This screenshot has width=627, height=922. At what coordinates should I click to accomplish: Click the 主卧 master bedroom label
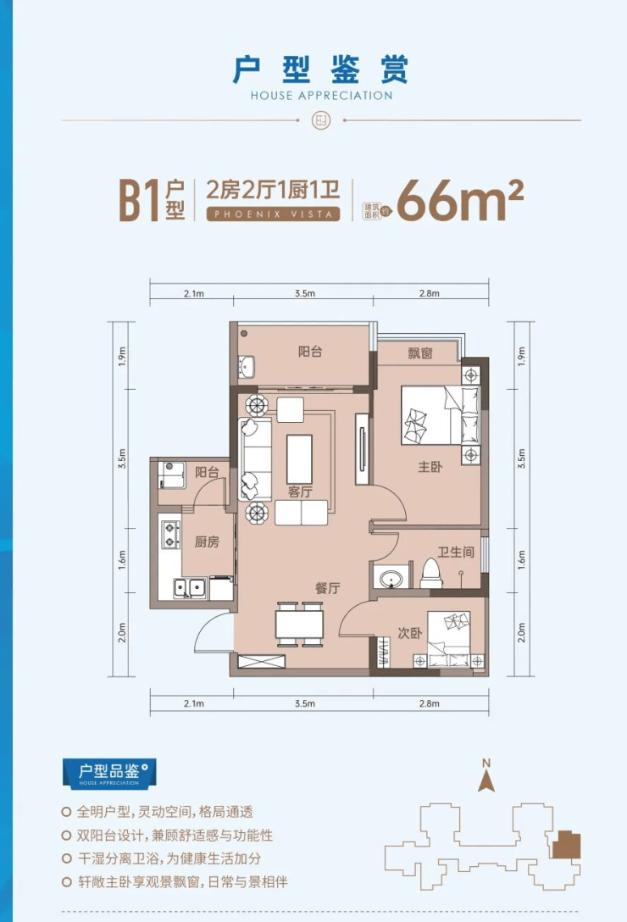point(430,467)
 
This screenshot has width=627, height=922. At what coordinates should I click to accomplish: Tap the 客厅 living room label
point(300,492)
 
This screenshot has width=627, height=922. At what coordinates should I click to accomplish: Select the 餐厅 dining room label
point(328,587)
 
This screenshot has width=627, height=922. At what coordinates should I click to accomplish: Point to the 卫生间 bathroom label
point(456,552)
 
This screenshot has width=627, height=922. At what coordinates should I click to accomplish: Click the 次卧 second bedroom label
point(410,633)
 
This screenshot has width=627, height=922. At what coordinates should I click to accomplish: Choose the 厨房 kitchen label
point(207,542)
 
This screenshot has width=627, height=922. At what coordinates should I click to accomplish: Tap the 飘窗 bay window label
point(420,353)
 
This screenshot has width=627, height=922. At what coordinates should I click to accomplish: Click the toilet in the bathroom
point(431,574)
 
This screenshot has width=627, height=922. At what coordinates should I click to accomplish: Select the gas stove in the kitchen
point(170,535)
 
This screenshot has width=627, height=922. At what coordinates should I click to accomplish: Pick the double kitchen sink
point(190,587)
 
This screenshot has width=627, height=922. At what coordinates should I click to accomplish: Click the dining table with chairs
point(299,625)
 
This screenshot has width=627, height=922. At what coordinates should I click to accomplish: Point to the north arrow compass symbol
point(486,775)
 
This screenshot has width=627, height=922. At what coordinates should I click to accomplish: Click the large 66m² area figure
point(460,201)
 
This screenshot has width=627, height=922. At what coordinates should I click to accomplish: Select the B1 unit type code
point(140,201)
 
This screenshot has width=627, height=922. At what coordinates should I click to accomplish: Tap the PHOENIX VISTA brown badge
point(274,214)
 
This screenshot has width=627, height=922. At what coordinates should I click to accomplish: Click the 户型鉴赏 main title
point(320,70)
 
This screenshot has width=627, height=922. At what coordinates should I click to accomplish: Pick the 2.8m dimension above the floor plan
point(430,293)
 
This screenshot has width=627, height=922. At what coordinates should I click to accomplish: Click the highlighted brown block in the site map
point(566,844)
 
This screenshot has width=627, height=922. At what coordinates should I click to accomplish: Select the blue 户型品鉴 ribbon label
point(109,773)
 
